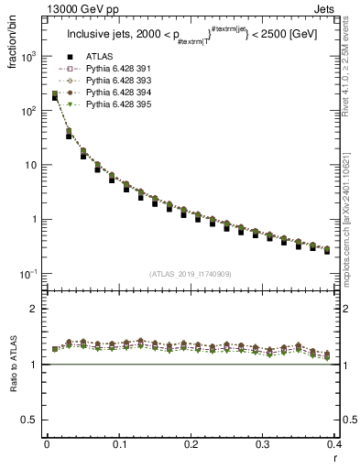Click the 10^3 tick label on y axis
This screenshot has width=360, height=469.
click(x=29, y=56)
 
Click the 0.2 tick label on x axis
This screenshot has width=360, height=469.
click(x=191, y=444)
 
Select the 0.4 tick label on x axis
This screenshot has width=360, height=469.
click(x=335, y=444)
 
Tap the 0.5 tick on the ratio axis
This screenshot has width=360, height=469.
click(x=33, y=420)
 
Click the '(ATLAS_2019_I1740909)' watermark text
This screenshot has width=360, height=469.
click(x=191, y=274)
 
